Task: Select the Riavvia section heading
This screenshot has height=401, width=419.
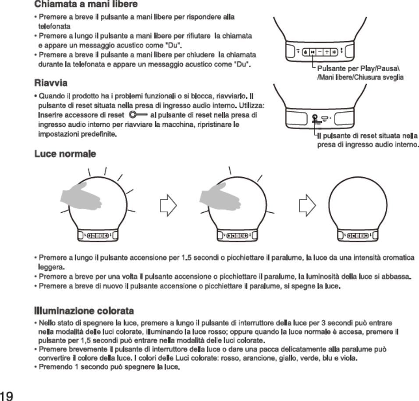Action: pos(50,82)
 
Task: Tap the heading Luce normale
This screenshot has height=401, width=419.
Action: pos(65,154)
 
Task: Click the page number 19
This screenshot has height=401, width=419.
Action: pos(7,395)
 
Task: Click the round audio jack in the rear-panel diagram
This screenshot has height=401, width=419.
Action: pos(315,117)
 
